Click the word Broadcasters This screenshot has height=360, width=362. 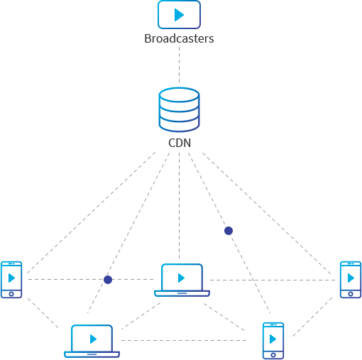pos(179,38)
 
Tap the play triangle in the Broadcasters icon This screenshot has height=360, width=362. pos(179,15)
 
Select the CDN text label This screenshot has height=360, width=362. pos(180,143)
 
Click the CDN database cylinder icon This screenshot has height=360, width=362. pos(179,109)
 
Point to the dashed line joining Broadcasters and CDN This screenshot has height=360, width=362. pos(179,65)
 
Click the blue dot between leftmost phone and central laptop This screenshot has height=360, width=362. pos(108,280)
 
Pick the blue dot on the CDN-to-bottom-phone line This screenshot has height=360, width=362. pos(229,231)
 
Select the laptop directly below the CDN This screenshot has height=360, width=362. pos(182,280)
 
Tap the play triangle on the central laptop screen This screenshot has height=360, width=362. pos(181,278)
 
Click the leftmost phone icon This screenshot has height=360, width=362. pos(11,280)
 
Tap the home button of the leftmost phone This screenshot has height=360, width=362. pos(11,294)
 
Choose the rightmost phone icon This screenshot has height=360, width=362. pos(351,280)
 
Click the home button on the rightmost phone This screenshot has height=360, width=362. pos(351,294)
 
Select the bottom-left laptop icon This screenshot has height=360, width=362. pos(92,341)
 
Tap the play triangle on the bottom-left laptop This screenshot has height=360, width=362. pos(93,339)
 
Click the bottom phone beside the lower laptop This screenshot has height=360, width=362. pos(273,341)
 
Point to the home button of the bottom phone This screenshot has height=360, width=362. pos(273,355)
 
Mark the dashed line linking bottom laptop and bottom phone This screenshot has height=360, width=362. pos(184,341)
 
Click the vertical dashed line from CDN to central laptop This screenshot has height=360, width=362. pos(179,205)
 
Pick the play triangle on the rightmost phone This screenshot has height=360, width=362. pos(351,278)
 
